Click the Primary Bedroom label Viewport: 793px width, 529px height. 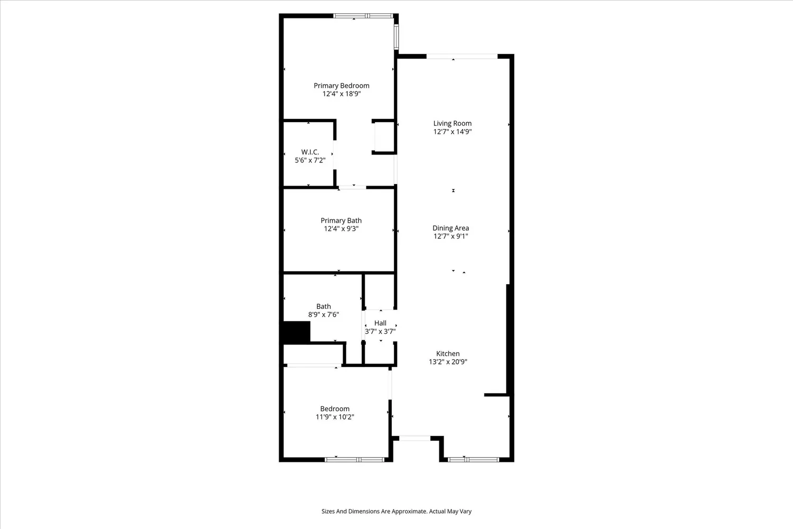click(x=342, y=85)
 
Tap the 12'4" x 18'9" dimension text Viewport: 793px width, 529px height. click(x=342, y=94)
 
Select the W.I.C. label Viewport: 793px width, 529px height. click(x=310, y=152)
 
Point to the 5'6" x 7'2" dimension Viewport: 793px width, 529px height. click(x=310, y=160)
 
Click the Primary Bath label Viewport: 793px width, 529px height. click(x=342, y=221)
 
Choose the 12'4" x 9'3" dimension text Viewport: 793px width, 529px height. click(x=342, y=229)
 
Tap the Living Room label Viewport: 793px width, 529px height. click(x=453, y=123)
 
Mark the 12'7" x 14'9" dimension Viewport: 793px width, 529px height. click(x=453, y=131)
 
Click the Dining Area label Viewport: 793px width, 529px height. click(x=450, y=228)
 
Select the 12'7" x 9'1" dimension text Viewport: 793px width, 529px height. click(x=450, y=236)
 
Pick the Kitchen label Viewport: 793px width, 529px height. click(x=448, y=353)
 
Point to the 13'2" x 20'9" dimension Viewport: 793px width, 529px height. click(x=448, y=362)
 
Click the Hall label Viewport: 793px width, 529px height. click(x=380, y=323)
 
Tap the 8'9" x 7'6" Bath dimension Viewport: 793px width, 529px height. click(x=324, y=315)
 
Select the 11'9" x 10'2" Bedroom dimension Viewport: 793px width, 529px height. click(x=335, y=417)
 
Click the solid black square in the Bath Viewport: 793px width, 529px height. click(x=296, y=332)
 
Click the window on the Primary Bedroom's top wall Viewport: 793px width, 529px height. click(x=363, y=16)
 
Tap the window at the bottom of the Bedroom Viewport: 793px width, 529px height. click(x=354, y=460)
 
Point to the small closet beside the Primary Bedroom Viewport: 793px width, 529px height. click(x=384, y=137)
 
